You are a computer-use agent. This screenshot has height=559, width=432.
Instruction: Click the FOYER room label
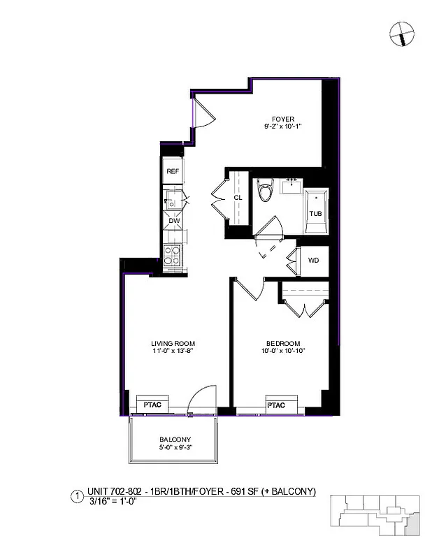(284, 118)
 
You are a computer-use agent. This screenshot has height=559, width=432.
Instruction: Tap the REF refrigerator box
(173, 170)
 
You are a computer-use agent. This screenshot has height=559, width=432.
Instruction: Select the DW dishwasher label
(173, 222)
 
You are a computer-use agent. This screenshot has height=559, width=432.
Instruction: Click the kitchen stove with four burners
(173, 256)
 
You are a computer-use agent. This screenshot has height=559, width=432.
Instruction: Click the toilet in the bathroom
(264, 190)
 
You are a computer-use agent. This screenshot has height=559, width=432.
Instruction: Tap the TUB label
(316, 213)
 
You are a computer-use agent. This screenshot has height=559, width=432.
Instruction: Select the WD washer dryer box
(314, 261)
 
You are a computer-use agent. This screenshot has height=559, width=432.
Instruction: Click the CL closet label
(238, 198)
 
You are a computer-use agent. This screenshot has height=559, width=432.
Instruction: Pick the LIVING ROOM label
(173, 343)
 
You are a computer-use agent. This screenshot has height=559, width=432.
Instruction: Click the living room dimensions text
(173, 351)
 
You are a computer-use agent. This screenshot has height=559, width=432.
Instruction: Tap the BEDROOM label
(283, 343)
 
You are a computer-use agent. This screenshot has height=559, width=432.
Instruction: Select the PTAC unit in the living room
(154, 405)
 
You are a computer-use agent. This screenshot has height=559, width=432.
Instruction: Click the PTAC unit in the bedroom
(277, 405)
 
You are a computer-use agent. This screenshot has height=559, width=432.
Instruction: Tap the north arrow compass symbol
(403, 32)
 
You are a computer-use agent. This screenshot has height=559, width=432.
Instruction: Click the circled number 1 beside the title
(76, 498)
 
